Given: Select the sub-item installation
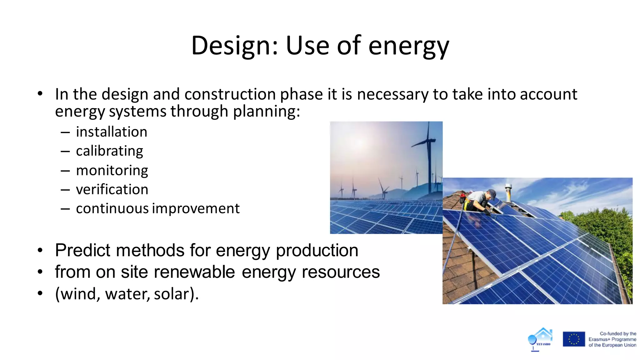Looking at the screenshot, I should pyautogui.click(x=111, y=132).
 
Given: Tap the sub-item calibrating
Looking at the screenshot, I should pyautogui.click(x=109, y=151).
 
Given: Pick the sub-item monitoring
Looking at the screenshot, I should pyautogui.click(x=112, y=171).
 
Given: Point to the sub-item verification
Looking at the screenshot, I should pyautogui.click(x=112, y=190).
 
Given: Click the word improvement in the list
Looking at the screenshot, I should pyautogui.click(x=196, y=209).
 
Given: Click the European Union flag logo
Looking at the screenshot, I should pyautogui.click(x=574, y=339).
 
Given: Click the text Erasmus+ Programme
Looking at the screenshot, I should pyautogui.click(x=612, y=339).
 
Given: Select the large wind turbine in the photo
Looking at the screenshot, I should pyautogui.click(x=429, y=156).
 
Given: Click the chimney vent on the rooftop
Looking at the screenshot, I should pyautogui.click(x=508, y=192).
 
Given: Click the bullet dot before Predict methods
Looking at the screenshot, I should pyautogui.click(x=40, y=251).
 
